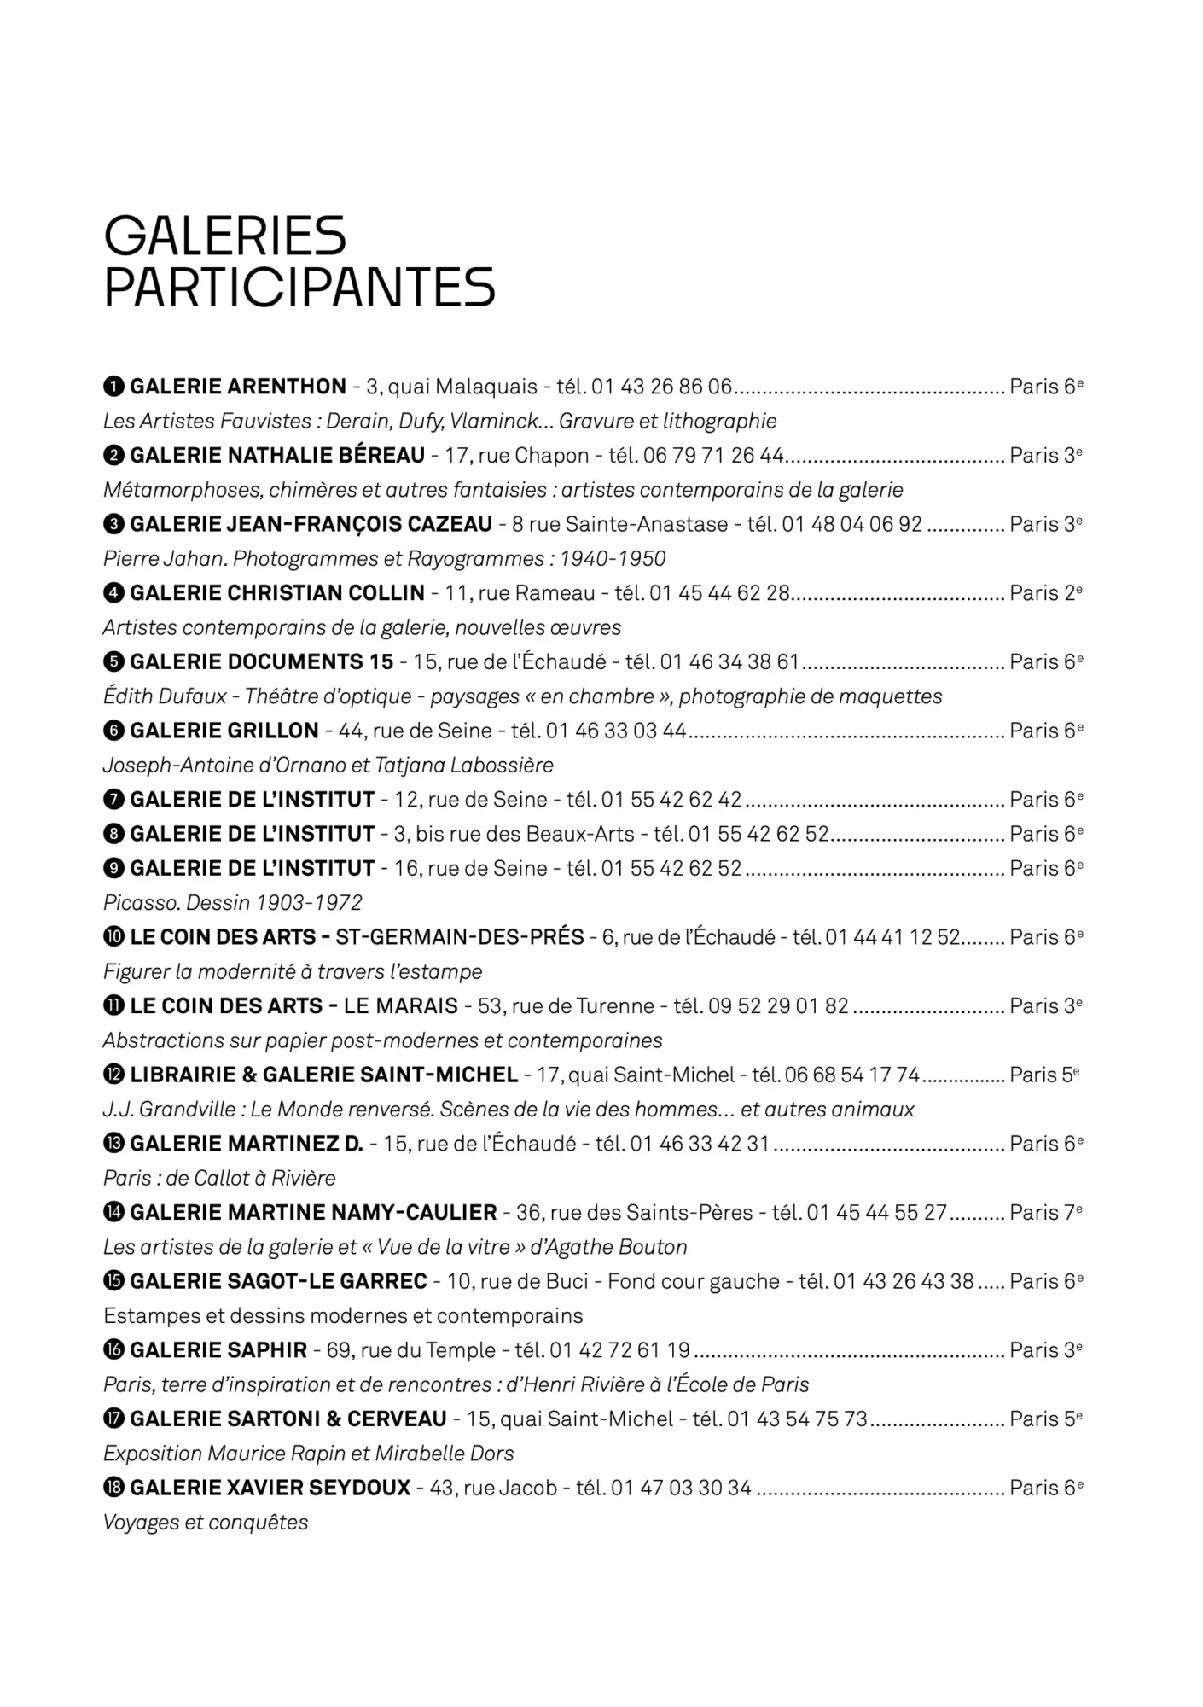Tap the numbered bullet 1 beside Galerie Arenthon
point(113,387)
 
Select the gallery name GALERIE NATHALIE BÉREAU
point(277,455)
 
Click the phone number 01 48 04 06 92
point(851,524)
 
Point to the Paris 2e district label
point(1046,592)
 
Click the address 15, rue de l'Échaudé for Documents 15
point(509,661)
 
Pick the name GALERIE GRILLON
point(224,731)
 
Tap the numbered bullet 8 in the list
point(113,834)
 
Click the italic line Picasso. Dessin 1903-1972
point(232,902)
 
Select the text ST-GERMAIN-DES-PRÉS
point(460,937)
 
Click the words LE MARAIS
point(401,1005)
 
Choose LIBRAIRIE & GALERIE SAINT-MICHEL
point(324,1075)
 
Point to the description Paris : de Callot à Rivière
point(219,1178)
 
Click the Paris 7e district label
point(1046,1212)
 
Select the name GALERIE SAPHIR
point(218,1349)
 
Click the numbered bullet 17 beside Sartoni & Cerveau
point(113,1419)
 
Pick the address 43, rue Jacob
point(493,1488)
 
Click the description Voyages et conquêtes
point(206,1522)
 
